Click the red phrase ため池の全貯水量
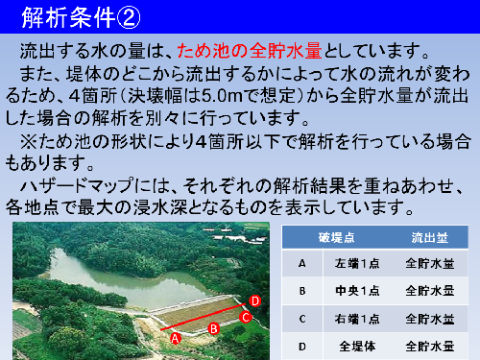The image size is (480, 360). pyautogui.click(x=260, y=50)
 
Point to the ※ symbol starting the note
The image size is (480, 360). pyautogui.click(x=27, y=141)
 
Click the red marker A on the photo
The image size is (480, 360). pyautogui.click(x=175, y=337)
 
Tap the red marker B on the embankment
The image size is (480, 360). pyautogui.click(x=214, y=327)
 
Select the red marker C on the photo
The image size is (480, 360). pyautogui.click(x=246, y=317)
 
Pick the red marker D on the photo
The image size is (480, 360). pyautogui.click(x=254, y=300)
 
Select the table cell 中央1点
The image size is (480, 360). pyautogui.click(x=358, y=290)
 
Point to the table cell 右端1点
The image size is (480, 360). pyautogui.click(x=358, y=317)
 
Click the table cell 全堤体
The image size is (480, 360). pyautogui.click(x=358, y=344)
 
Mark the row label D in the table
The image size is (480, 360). pyautogui.click(x=302, y=344)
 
